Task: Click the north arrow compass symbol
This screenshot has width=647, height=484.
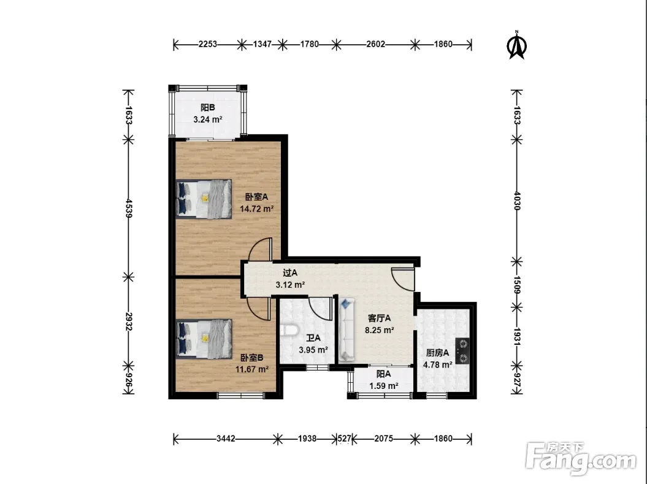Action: click(516, 45)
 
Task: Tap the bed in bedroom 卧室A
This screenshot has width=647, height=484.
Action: click(204, 199)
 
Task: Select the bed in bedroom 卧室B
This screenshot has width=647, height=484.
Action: click(204, 339)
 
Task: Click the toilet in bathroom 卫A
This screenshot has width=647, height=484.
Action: click(289, 330)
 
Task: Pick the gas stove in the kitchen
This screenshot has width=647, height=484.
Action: click(462, 351)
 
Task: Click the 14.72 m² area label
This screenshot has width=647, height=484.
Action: click(257, 209)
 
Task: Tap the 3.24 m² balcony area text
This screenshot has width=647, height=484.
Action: click(208, 120)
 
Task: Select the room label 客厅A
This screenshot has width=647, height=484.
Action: click(379, 318)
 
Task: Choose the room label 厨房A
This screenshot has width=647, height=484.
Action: click(437, 353)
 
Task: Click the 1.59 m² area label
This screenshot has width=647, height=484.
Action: click(384, 386)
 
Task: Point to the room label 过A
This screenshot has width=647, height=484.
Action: click(290, 273)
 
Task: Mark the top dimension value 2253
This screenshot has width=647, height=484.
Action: click(207, 44)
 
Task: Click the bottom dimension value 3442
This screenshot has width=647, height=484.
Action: click(226, 439)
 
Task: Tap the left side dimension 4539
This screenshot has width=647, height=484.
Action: click(129, 208)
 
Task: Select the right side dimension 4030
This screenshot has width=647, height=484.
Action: click(517, 201)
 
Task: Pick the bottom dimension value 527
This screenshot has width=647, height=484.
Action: click(345, 439)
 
